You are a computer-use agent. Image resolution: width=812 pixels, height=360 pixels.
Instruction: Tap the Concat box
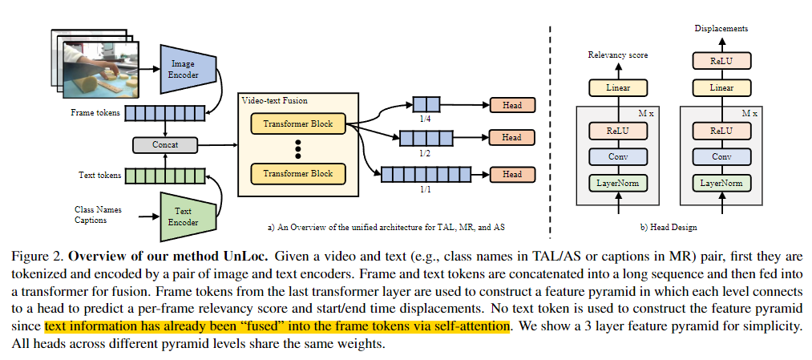click(x=164, y=145)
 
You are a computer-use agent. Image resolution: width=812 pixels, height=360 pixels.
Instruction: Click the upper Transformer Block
click(x=297, y=124)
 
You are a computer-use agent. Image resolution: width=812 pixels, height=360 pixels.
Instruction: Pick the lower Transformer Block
click(x=297, y=174)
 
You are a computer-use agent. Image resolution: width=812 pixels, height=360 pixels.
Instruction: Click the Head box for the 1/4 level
click(x=511, y=105)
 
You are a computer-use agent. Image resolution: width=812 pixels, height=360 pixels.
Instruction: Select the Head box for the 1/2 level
click(x=511, y=138)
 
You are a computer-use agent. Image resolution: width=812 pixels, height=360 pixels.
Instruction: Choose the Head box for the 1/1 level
click(x=511, y=174)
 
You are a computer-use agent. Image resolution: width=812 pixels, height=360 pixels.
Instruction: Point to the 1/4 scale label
click(x=426, y=119)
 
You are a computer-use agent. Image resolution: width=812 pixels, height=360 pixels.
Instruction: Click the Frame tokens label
click(x=95, y=113)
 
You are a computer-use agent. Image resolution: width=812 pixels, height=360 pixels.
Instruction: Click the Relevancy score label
click(x=618, y=55)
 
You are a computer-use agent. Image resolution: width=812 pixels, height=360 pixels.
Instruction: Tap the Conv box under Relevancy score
click(x=618, y=156)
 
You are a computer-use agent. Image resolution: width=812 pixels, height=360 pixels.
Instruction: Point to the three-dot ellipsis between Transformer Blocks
click(x=297, y=149)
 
